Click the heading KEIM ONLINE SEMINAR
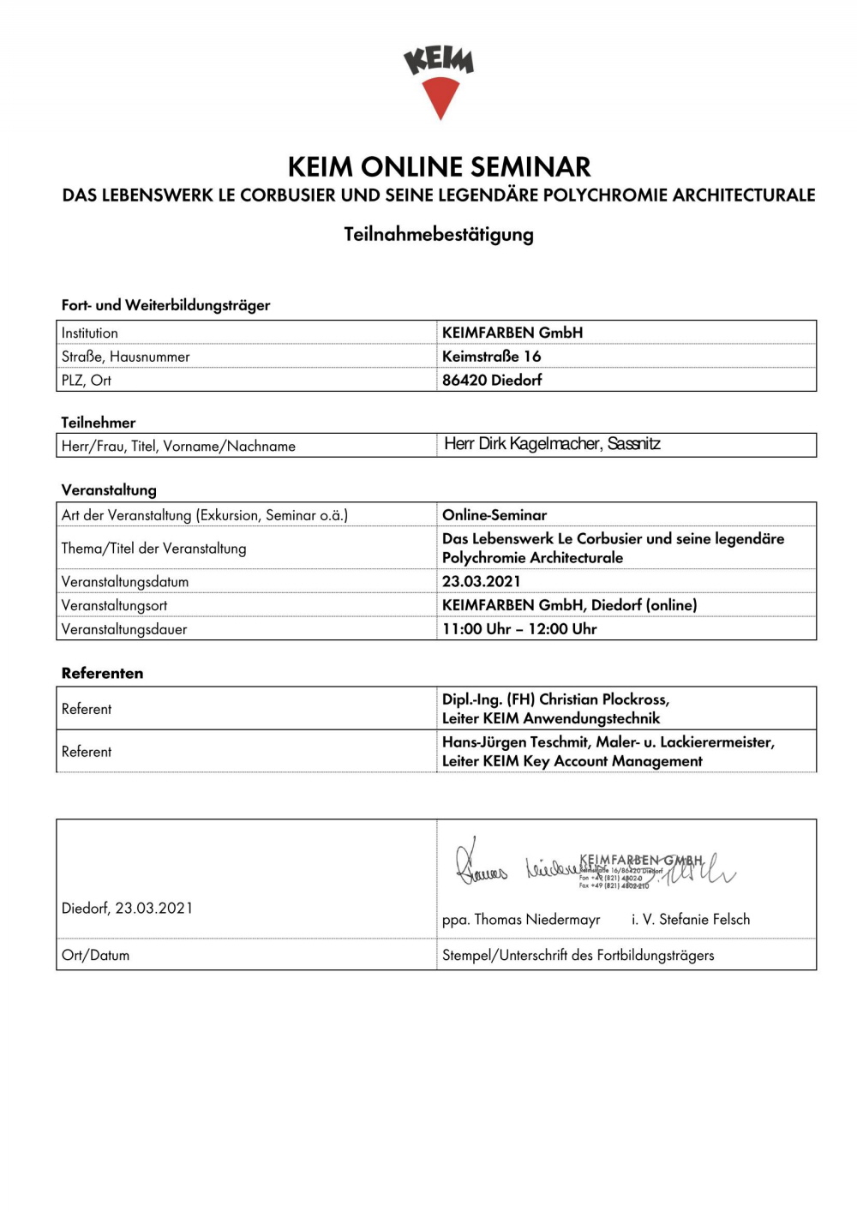[439, 166]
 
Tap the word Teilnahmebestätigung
[439, 234]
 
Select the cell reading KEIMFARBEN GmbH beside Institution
[512, 333]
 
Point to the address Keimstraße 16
[491, 356]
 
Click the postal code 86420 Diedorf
[492, 380]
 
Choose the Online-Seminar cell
[494, 515]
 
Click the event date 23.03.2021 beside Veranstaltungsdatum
[481, 581]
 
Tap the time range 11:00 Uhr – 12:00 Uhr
[519, 628]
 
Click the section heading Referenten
[102, 673]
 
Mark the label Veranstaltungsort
[114, 605]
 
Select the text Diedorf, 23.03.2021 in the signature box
[127, 908]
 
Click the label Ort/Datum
[95, 955]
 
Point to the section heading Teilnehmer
[98, 422]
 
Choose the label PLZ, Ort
[86, 380]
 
